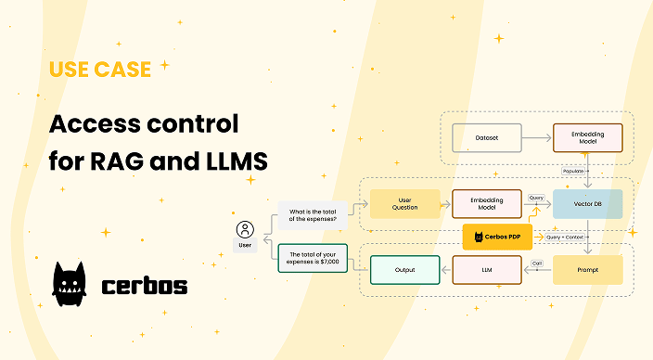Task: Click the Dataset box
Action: point(487,137)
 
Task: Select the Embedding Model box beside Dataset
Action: point(587,137)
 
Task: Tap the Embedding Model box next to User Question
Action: point(487,204)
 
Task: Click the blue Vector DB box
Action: point(587,204)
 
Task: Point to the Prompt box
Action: point(587,270)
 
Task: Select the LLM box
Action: point(487,270)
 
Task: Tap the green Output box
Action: point(403,270)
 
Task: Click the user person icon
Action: point(245,229)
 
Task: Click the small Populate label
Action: point(573,172)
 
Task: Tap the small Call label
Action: point(537,263)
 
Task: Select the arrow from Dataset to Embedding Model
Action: point(535,137)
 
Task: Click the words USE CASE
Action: point(100,70)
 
